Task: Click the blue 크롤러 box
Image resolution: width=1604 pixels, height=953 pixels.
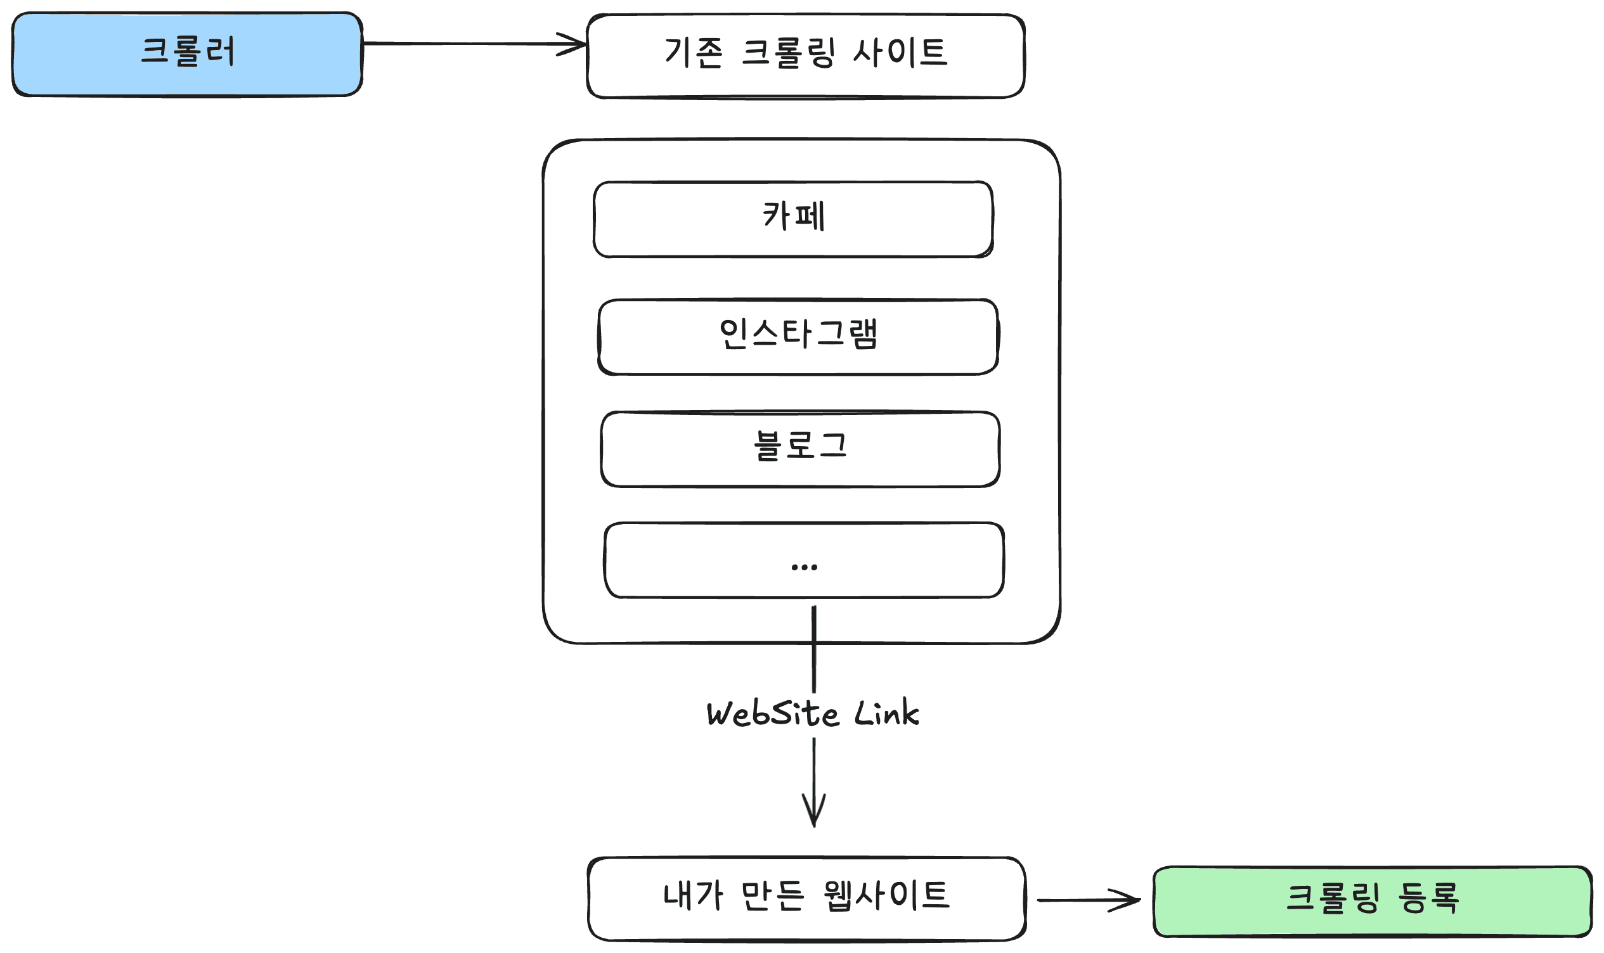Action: (x=187, y=54)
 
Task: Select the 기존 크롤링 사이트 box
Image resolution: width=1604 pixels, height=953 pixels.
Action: (x=806, y=56)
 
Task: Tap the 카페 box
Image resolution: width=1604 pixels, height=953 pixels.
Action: (x=793, y=220)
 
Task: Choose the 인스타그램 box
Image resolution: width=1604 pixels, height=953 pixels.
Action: (x=798, y=337)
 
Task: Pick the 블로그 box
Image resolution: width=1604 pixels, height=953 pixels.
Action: (x=800, y=449)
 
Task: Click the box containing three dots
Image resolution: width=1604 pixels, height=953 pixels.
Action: (x=805, y=561)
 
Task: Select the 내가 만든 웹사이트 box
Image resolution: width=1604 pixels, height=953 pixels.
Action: (x=807, y=899)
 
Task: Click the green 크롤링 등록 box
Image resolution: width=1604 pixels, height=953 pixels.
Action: (x=1373, y=902)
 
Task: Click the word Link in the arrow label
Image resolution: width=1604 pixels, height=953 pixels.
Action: (x=887, y=713)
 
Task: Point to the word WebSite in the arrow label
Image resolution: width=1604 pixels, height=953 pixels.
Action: (x=773, y=714)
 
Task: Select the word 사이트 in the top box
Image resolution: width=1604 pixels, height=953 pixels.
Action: (x=900, y=53)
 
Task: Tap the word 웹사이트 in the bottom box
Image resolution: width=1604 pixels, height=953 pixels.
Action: (x=886, y=896)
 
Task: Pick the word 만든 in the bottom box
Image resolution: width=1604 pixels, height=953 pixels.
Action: (x=772, y=896)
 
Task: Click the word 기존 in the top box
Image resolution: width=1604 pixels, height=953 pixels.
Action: (x=693, y=53)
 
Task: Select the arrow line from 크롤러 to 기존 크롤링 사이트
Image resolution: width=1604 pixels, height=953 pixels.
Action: (x=475, y=44)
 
